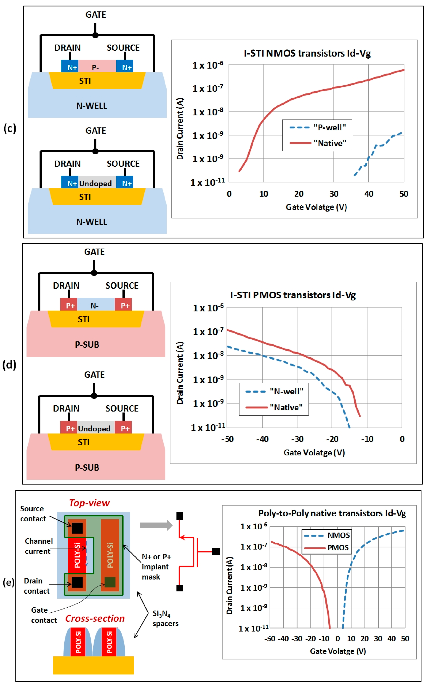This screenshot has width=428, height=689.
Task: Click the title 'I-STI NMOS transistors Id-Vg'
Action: tap(307, 53)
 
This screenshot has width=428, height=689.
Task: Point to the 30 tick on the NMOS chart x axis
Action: tap(334, 194)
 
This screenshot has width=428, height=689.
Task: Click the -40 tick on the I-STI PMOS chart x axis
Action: tap(262, 439)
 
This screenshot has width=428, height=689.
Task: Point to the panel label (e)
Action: tap(9, 583)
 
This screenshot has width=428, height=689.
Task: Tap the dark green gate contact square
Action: tap(110, 582)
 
